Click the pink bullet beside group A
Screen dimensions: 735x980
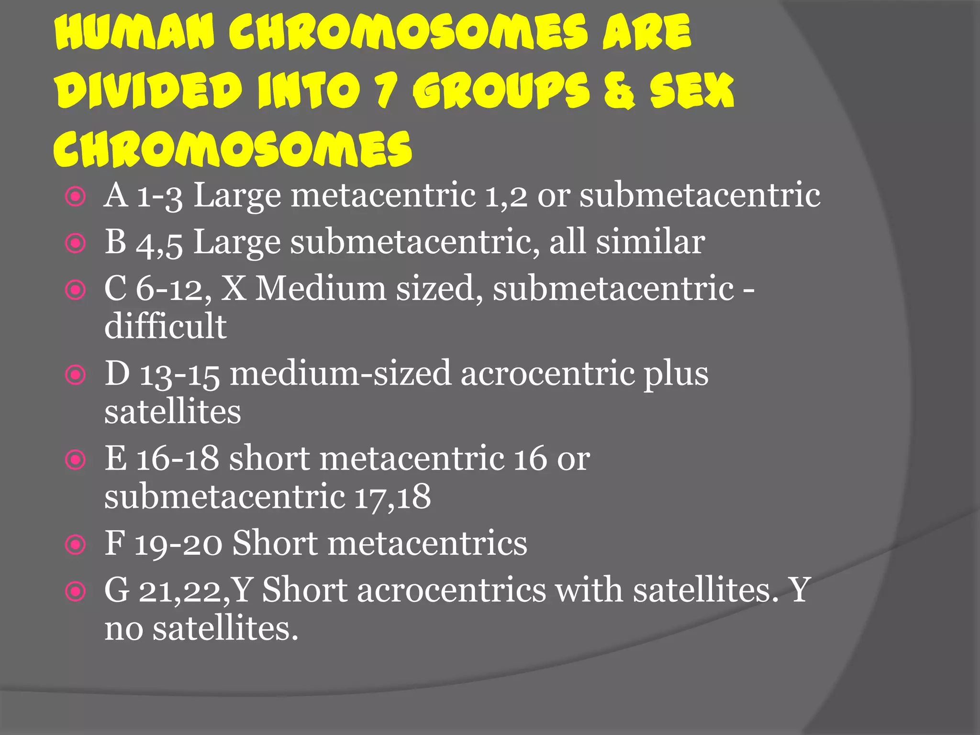point(76,197)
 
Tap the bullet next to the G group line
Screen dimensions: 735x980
point(76,591)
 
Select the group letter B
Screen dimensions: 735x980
point(115,241)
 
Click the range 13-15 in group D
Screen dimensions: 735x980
point(179,374)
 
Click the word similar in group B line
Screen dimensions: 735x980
point(650,241)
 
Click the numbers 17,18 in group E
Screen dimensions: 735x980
point(392,497)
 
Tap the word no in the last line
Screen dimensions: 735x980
point(123,629)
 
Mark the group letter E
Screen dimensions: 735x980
point(115,458)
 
